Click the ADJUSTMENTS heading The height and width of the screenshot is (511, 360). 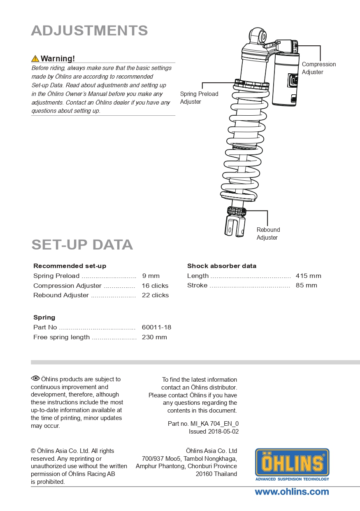[89, 30]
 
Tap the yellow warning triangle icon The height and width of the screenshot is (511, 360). [35, 58]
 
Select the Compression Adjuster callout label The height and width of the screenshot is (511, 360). [318, 68]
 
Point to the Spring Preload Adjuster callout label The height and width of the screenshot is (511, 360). [199, 98]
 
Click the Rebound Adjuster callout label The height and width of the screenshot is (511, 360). [268, 233]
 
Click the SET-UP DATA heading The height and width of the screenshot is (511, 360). [82, 245]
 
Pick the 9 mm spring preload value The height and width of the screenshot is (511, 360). [151, 276]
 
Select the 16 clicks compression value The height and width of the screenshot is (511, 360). [155, 286]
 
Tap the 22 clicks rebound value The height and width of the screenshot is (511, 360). [155, 295]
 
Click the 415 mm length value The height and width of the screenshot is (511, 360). [308, 276]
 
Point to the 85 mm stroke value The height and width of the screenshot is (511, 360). [307, 285]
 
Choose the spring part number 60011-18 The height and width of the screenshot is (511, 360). [156, 327]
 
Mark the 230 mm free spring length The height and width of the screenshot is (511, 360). [154, 337]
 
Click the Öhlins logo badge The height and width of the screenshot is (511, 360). [292, 464]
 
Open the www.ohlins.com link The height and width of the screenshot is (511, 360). [292, 492]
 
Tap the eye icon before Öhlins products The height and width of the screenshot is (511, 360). [35, 379]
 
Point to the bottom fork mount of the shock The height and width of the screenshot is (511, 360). [234, 226]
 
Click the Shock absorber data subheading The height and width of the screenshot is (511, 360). [222, 266]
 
